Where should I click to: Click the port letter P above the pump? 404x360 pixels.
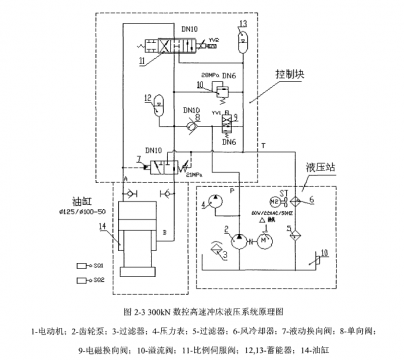click(x=233, y=187)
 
